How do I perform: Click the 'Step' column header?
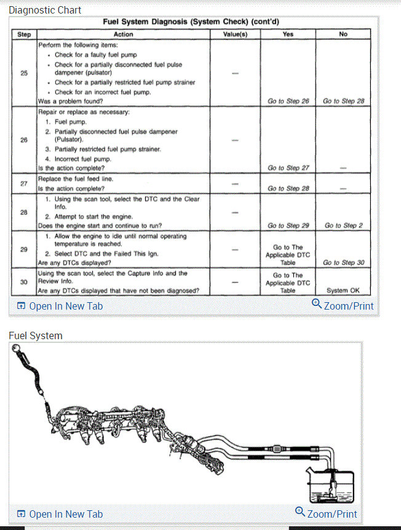24,34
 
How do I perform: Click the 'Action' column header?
123,34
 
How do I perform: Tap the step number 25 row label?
24,73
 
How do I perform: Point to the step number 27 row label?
24,183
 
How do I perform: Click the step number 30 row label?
24,282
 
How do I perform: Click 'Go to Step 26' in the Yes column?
288,101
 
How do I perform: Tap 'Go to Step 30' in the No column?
343,263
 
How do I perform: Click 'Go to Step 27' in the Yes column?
288,167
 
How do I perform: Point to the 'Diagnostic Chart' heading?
45,10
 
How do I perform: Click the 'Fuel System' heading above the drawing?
36,335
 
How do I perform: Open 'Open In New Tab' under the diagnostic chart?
60,306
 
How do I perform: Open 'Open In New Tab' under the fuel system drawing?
60,514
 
